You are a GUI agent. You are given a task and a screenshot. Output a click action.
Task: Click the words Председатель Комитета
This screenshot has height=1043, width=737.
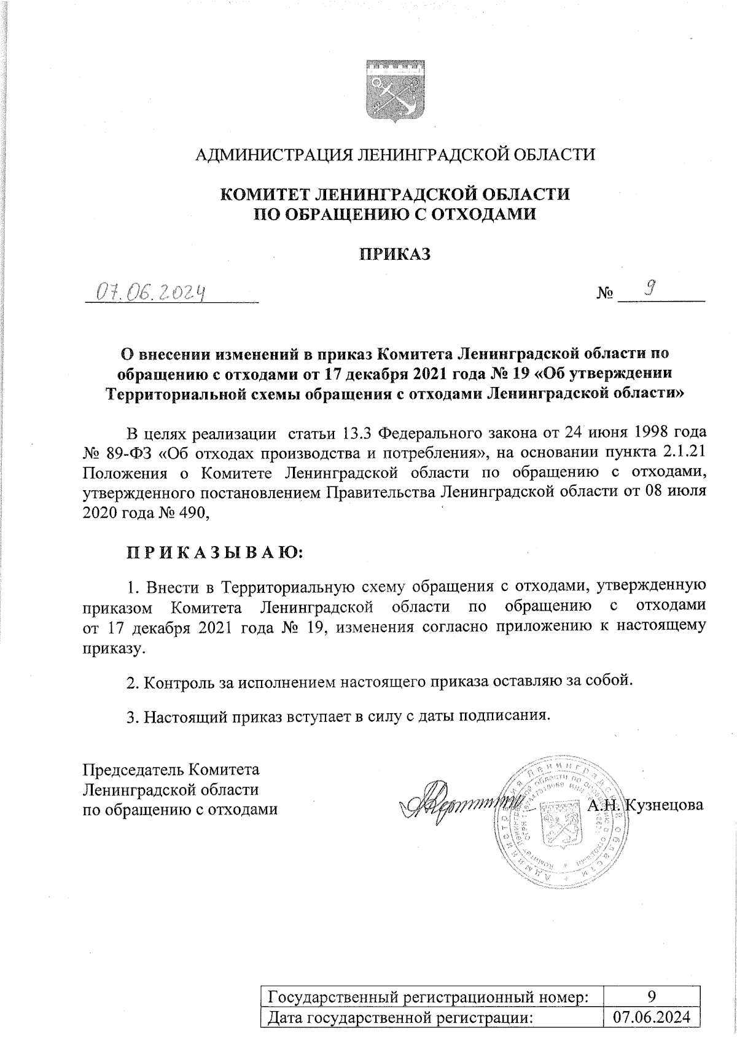click(171, 770)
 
